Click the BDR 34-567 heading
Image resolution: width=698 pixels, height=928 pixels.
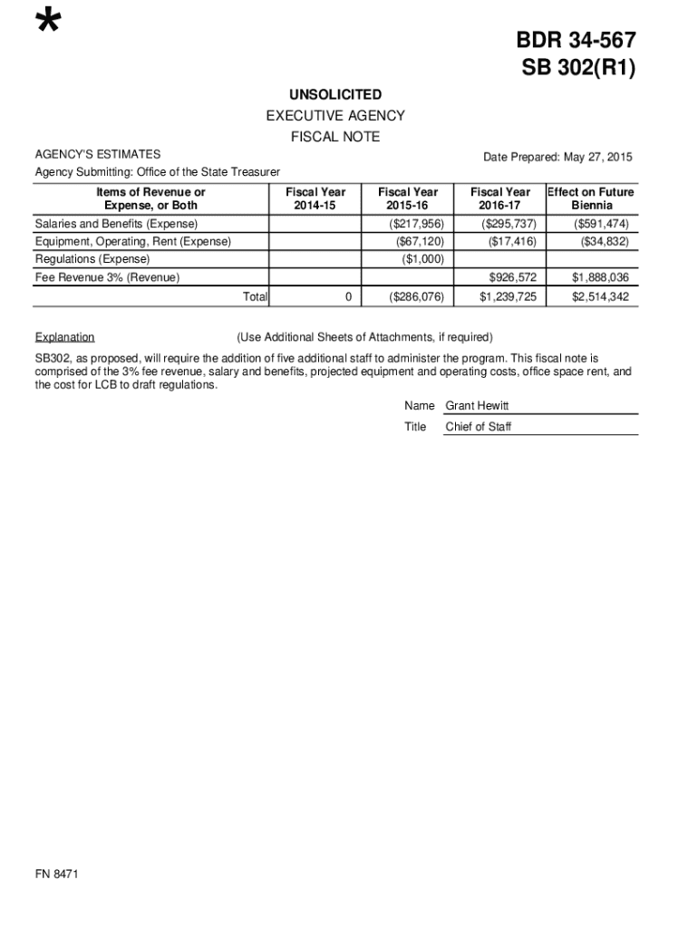click(x=576, y=41)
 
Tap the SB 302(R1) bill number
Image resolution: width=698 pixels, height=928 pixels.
click(x=576, y=69)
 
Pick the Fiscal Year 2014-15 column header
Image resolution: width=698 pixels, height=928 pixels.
click(x=315, y=198)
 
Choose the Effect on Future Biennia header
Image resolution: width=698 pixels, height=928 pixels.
click(x=591, y=198)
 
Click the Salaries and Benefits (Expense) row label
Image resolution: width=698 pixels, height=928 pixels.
click(x=116, y=224)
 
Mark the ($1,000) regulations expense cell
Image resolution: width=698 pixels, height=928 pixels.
click(x=422, y=259)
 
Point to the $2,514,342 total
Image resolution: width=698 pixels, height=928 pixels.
click(x=600, y=296)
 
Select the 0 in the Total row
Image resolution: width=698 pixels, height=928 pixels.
click(x=348, y=296)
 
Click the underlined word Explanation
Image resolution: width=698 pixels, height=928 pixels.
click(x=64, y=337)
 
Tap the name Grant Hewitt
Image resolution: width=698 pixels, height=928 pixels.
click(x=477, y=406)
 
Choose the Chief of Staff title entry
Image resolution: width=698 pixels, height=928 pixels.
click(x=479, y=427)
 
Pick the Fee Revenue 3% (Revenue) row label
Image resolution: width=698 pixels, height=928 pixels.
click(x=107, y=277)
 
